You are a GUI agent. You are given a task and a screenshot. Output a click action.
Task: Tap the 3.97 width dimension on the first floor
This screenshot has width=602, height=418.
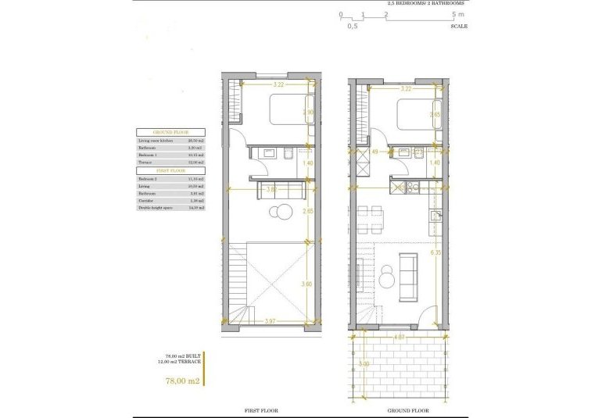pyautogui.click(x=270, y=320)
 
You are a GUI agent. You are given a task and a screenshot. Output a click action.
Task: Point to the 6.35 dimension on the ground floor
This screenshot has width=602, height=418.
pyautogui.click(x=436, y=252)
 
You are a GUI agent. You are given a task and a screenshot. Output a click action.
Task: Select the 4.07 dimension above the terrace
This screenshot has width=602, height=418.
pyautogui.click(x=399, y=338)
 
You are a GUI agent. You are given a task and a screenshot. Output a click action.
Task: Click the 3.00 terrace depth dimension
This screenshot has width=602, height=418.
pyautogui.click(x=362, y=363)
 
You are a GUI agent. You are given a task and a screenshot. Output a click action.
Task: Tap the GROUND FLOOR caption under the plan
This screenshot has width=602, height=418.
pyautogui.click(x=408, y=410)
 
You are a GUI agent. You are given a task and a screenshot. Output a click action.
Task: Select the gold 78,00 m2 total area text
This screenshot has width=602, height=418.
pyautogui.click(x=183, y=380)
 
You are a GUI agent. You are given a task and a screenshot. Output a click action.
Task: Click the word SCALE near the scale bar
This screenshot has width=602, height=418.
pyautogui.click(x=459, y=26)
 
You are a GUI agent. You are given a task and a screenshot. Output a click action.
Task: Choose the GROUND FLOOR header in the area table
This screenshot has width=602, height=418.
pyautogui.click(x=170, y=133)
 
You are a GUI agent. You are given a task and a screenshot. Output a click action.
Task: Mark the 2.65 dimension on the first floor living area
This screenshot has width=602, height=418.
pyautogui.click(x=307, y=211)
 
